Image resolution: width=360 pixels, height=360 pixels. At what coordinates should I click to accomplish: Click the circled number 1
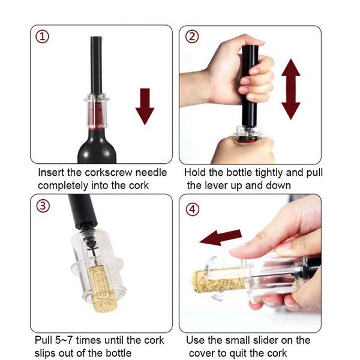point(42,37)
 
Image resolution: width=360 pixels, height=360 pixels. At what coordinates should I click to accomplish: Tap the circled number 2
point(192,37)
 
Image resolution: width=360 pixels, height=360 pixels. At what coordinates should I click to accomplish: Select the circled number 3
point(43,206)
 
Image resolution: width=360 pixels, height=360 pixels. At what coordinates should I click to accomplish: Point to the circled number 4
point(192,209)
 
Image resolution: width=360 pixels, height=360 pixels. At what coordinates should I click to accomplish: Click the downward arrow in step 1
point(145,107)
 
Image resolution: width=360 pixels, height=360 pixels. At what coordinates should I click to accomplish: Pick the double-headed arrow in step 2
point(291,89)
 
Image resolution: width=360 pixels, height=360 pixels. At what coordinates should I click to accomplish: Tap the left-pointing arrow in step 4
point(221,237)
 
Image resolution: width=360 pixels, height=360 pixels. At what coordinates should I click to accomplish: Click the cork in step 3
point(103,289)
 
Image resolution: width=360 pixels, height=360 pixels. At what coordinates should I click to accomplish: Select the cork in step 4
point(218,281)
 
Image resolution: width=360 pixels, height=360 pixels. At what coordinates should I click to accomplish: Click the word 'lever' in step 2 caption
point(216,185)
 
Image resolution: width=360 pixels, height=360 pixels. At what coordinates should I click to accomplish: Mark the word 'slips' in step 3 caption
point(45,353)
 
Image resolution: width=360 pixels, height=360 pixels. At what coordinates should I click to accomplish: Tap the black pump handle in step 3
point(82,211)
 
